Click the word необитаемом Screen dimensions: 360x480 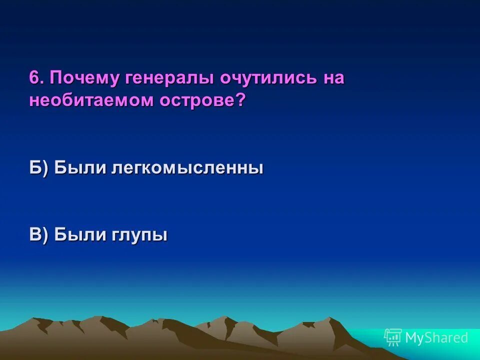[91, 100]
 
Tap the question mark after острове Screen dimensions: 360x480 [241, 100]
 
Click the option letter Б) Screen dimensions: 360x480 [39, 168]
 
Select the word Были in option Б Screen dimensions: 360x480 [80, 168]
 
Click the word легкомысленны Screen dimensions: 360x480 [186, 168]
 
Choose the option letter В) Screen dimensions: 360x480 [39, 234]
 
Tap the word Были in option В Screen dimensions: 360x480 [80, 234]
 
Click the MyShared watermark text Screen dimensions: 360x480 [436, 338]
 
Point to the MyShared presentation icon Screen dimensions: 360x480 [392, 337]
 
